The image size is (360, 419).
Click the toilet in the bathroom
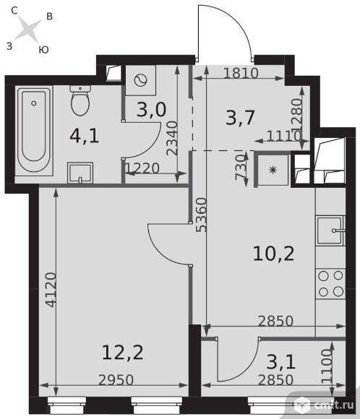80,100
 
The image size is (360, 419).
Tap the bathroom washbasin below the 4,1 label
80,173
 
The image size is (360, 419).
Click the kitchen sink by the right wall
330,230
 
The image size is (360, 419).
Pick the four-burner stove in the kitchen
330,283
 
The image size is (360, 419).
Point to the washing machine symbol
141,80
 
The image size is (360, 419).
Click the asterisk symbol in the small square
273,170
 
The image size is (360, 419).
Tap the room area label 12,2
123,353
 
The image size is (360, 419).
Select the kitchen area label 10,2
273,254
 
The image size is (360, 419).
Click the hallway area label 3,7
240,117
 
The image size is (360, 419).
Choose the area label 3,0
151,109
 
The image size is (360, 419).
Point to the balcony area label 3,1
281,362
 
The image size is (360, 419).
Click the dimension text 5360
202,215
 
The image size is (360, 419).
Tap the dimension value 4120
51,290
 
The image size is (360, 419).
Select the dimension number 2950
116,380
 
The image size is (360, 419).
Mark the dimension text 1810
241,73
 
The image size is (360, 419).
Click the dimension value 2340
172,138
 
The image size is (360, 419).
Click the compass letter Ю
43,50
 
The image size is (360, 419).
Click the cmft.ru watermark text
334,405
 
